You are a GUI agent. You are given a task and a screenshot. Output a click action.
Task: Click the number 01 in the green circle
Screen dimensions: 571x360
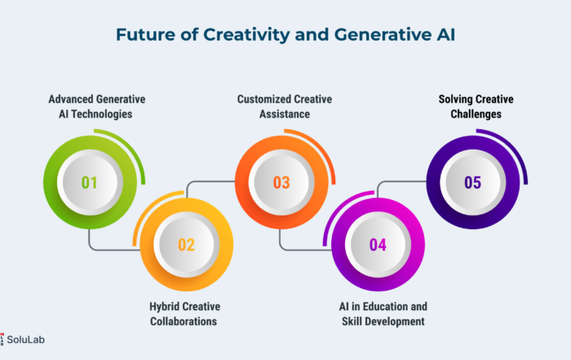(x=89, y=183)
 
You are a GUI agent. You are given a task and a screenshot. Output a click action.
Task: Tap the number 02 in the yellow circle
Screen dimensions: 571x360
(x=186, y=245)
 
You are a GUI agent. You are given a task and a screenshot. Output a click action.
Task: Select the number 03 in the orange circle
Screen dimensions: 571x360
(x=281, y=183)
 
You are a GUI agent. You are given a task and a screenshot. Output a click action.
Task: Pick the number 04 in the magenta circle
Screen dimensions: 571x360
(x=378, y=245)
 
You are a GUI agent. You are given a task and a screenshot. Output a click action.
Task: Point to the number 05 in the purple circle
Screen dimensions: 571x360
(x=472, y=183)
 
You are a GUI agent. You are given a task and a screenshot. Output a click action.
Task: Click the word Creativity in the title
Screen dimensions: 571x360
(x=246, y=35)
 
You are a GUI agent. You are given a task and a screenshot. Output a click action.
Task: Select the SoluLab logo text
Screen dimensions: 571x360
(x=25, y=340)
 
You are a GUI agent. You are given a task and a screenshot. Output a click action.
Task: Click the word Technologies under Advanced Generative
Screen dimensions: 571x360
(x=101, y=114)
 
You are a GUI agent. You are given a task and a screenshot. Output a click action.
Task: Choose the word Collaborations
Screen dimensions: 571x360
(x=184, y=322)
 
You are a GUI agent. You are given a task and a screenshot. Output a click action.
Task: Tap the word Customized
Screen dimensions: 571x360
(x=264, y=99)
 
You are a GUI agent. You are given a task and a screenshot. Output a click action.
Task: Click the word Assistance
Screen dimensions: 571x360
(x=285, y=114)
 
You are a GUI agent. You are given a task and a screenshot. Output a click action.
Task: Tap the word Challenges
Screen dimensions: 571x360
(x=476, y=114)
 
